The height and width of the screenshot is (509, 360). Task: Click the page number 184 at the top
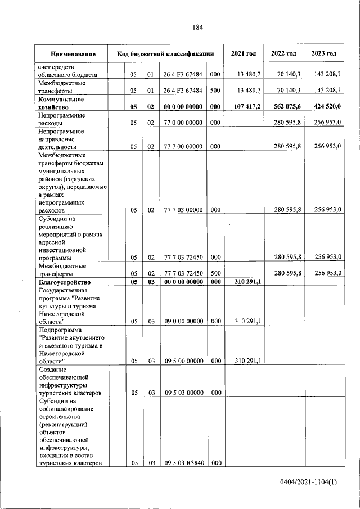pyautogui.click(x=197, y=26)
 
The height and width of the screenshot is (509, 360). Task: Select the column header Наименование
pyautogui.click(x=73, y=54)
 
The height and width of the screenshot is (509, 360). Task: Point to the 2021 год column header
pyautogui.click(x=244, y=54)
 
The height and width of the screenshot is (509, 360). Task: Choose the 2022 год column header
pyautogui.click(x=283, y=54)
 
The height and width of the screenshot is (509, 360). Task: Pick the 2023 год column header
pyautogui.click(x=323, y=54)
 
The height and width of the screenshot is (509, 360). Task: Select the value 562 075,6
pyautogui.click(x=285, y=106)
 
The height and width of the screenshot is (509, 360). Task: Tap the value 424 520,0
pyautogui.click(x=325, y=106)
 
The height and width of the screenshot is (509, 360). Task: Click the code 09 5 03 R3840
pyautogui.click(x=183, y=463)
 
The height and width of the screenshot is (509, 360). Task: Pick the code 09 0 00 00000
pyautogui.click(x=183, y=321)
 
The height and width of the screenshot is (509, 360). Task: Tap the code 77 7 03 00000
pyautogui.click(x=183, y=210)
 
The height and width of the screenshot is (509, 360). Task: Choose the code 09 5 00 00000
pyautogui.click(x=183, y=361)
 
